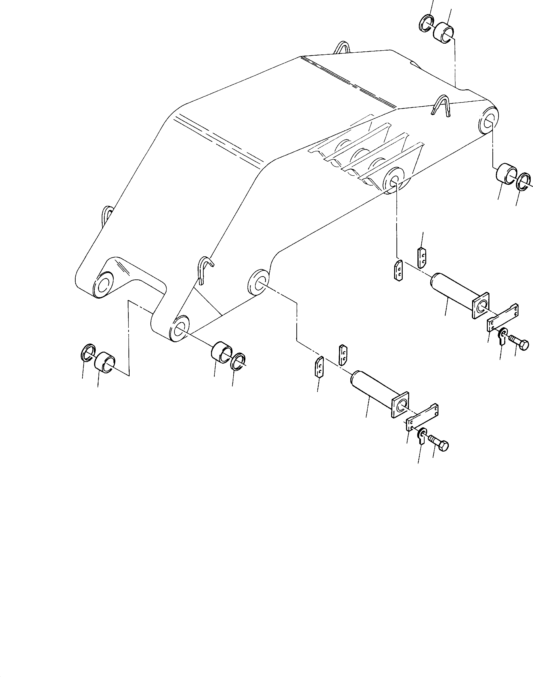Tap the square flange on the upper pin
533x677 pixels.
pyautogui.click(x=481, y=306)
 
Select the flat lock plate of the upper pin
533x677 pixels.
pyautogui.click(x=502, y=318)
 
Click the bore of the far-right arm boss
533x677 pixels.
pyautogui.click(x=488, y=120)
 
